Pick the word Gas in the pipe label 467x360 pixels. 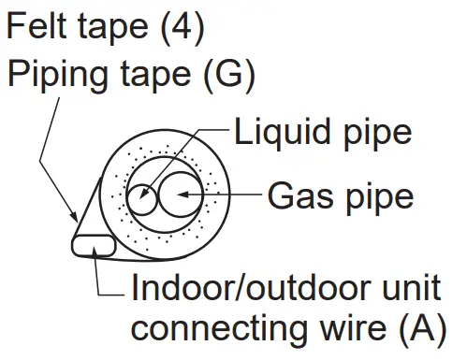tap(299, 197)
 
